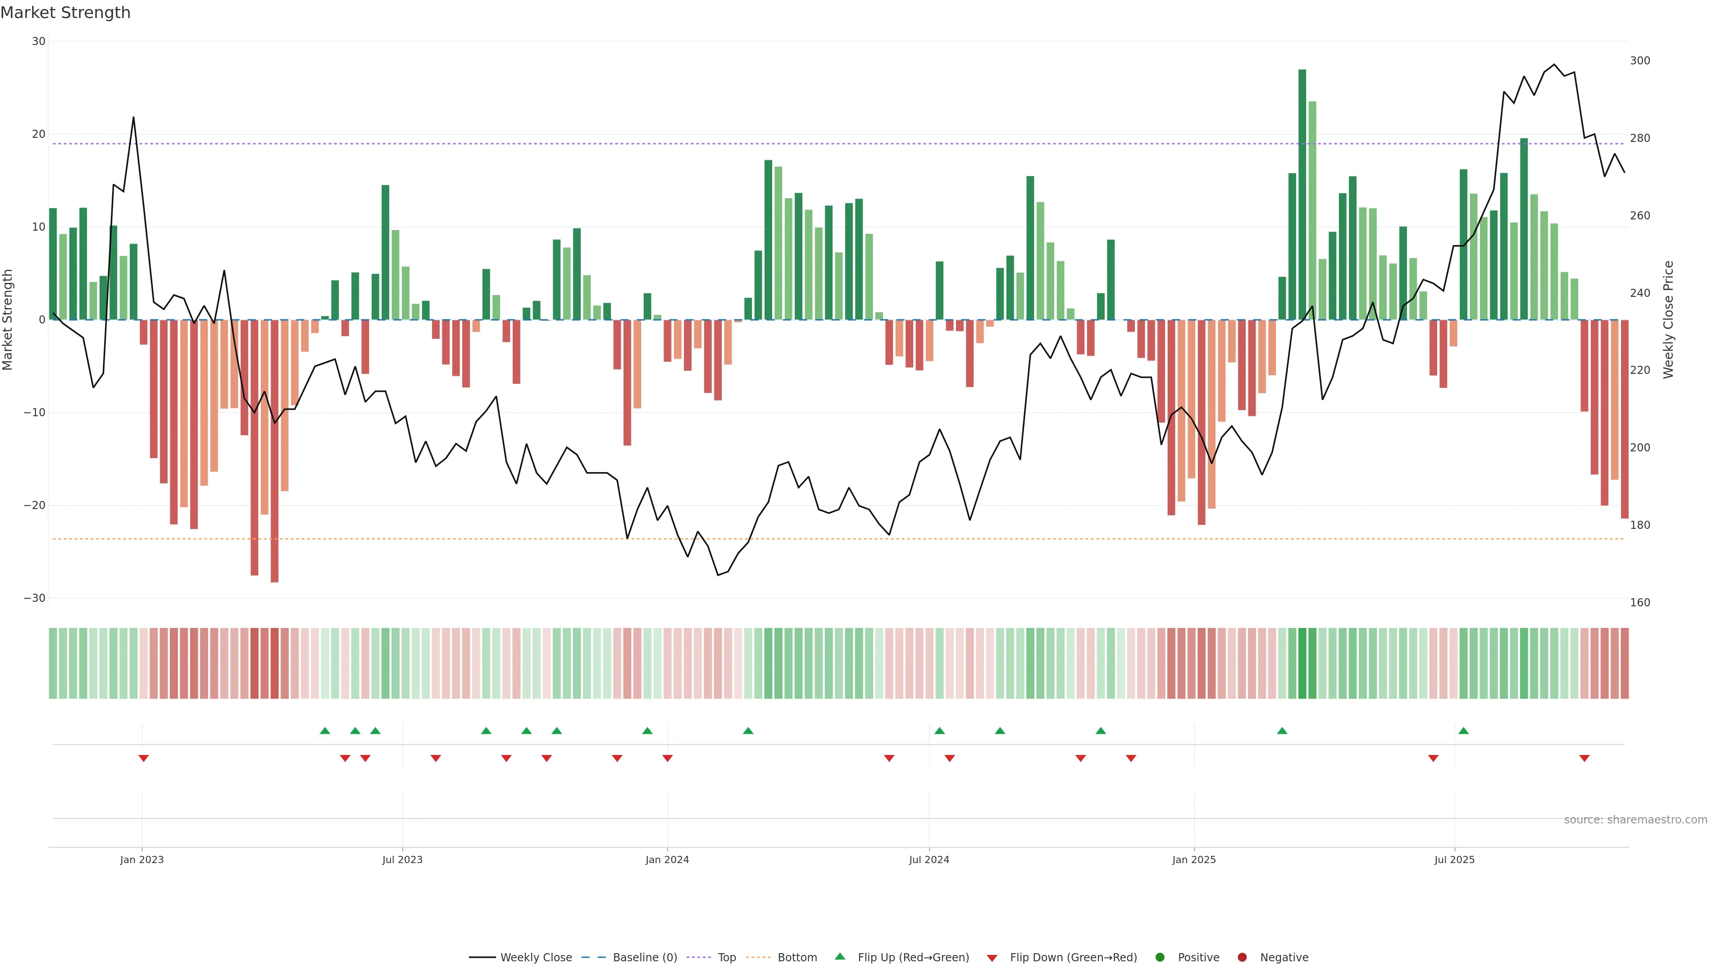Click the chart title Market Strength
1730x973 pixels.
[x=65, y=13]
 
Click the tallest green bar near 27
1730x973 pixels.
[x=1302, y=195]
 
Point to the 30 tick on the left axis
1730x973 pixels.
[x=38, y=41]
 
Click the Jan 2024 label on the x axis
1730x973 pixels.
[x=667, y=859]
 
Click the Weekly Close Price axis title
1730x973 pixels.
[x=1668, y=320]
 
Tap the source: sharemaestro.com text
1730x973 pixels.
[x=1635, y=820]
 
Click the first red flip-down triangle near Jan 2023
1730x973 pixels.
[x=143, y=758]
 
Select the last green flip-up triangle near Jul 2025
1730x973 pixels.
[x=1463, y=731]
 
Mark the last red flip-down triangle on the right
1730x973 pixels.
[x=1584, y=758]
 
